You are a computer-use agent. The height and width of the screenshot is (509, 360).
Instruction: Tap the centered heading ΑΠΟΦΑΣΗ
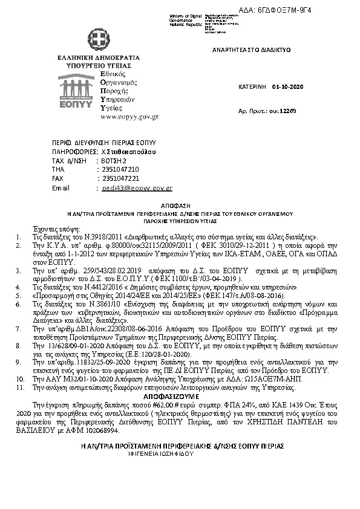coord(181,206)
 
